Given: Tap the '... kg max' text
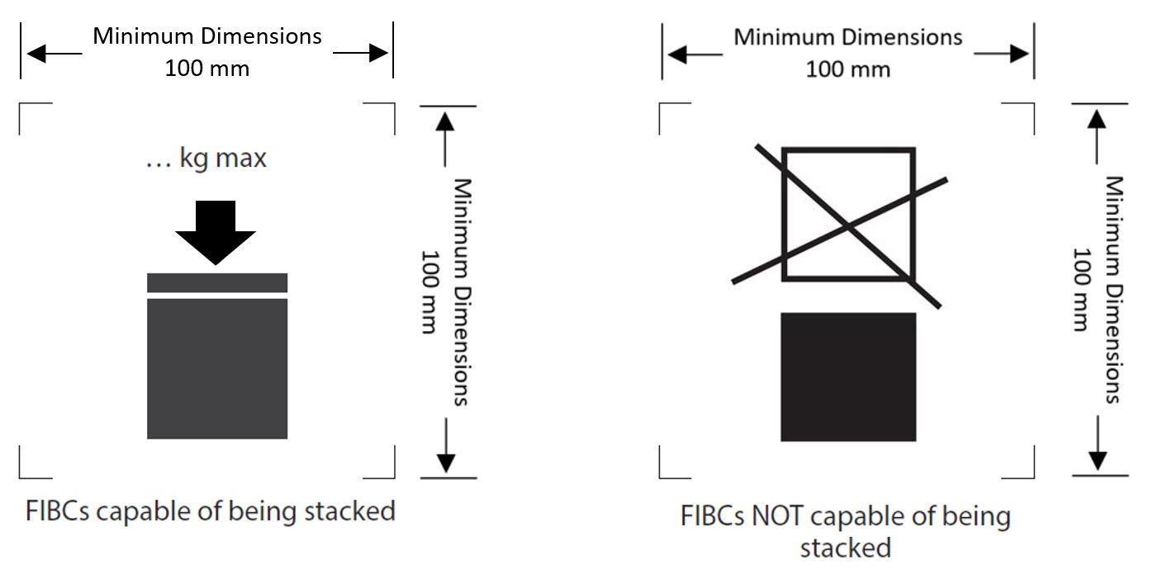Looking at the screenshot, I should pos(207,157).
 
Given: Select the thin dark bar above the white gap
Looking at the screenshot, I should pos(217,282).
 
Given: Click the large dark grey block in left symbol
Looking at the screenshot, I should pos(217,368).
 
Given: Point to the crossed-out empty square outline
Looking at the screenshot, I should pos(848,215).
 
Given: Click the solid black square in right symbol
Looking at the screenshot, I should pos(848,377).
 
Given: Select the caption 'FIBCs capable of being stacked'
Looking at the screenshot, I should pos(207,510).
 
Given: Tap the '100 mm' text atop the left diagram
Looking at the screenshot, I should pos(207,68).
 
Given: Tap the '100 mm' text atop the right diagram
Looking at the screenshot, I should pos(848,69).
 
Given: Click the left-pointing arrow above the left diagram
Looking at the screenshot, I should pos(55,54).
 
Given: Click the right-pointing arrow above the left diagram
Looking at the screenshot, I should pos(361,54).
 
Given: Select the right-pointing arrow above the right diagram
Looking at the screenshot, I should pos(1001,55).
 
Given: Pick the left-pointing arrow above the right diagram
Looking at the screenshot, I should pos(696,55).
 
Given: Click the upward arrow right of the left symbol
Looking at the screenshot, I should pos(445,136).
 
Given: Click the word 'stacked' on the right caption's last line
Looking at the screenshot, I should pos(845,548).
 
